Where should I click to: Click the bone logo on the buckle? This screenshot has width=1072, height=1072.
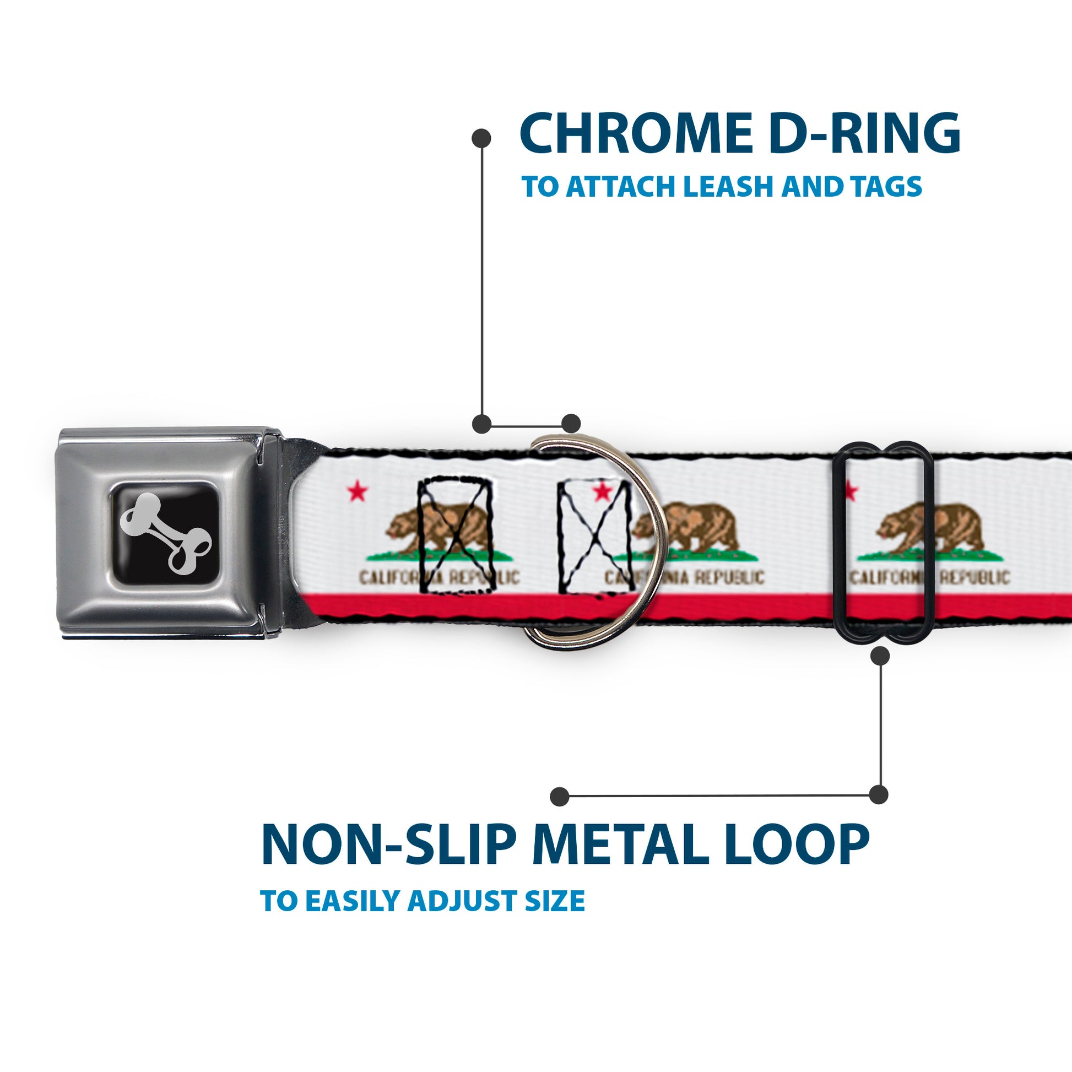tap(166, 534)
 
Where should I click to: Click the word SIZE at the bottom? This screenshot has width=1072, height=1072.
tap(555, 916)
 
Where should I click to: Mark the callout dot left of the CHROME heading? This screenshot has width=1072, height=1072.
tap(481, 138)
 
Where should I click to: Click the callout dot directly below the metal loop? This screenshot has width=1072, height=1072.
tap(880, 656)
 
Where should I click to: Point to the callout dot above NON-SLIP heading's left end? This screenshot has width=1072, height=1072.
tap(560, 796)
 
